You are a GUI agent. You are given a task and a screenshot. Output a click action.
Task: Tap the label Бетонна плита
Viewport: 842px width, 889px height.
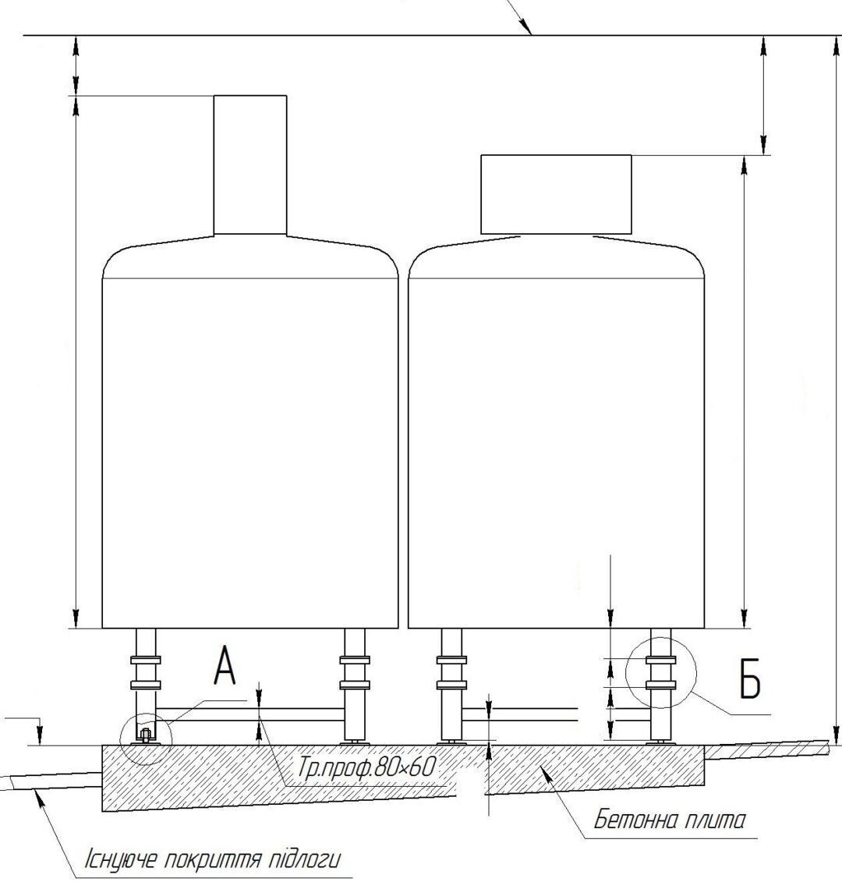coord(669,820)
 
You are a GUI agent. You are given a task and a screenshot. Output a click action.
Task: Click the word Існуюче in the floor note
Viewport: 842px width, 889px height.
coord(121,859)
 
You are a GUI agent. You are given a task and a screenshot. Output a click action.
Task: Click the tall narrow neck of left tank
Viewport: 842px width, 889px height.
coord(250,165)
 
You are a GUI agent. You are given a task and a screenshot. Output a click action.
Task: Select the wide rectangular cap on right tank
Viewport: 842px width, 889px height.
coord(556,194)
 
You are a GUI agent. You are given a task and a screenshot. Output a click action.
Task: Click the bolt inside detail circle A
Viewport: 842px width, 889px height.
coord(144,735)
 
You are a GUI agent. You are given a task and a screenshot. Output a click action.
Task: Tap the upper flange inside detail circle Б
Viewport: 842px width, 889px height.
coord(660,660)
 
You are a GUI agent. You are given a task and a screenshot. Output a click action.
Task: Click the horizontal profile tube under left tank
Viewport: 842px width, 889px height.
coord(250,714)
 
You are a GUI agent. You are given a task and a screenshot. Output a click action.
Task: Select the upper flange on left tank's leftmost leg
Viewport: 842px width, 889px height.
coord(146,660)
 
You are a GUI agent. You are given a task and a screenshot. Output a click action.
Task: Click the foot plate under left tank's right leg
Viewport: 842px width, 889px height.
coord(355,742)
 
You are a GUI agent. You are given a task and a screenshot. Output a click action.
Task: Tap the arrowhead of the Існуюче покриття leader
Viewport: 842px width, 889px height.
coord(38,795)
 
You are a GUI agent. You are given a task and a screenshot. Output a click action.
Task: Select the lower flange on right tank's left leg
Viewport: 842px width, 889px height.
coord(452,685)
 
